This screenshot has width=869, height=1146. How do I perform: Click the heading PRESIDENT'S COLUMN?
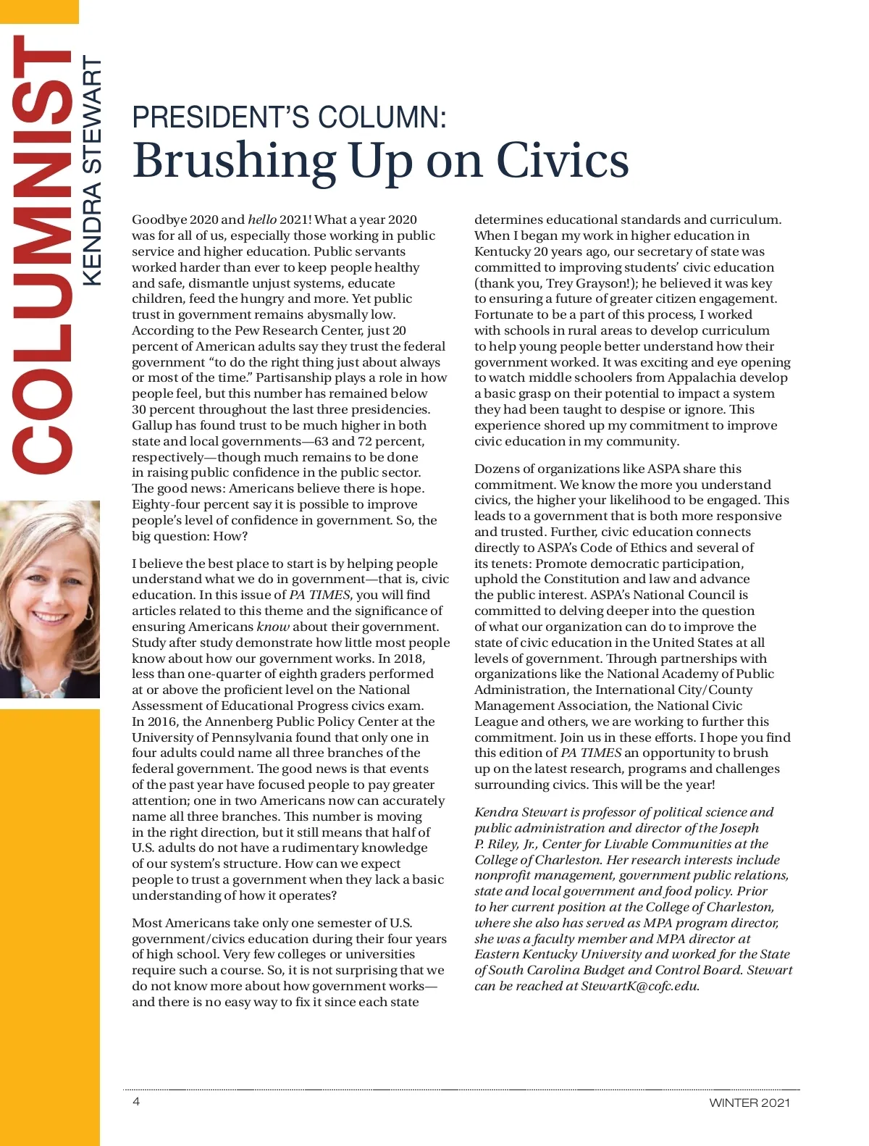click(289, 117)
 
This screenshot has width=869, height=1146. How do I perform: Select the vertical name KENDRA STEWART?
click(92, 171)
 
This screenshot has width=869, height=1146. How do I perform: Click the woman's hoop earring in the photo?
click(89, 611)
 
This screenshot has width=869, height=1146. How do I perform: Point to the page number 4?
click(136, 1102)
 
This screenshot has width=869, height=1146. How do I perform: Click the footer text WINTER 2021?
click(750, 1103)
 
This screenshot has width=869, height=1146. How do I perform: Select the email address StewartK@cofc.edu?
click(639, 986)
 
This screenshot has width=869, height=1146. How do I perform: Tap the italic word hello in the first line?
click(262, 219)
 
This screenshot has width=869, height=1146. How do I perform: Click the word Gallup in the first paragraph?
click(152, 425)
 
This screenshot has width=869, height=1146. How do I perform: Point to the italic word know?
click(273, 627)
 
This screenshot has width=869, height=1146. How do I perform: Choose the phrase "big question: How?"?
click(190, 536)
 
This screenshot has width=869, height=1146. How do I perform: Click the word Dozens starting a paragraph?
click(499, 469)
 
